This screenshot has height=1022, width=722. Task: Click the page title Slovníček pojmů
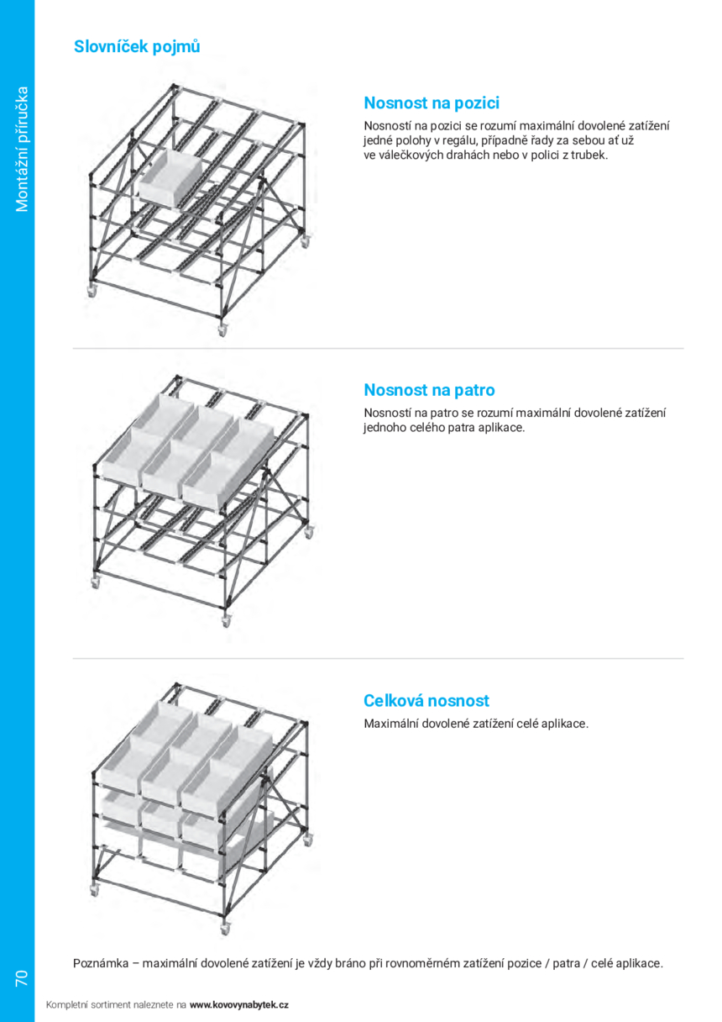[x=137, y=47]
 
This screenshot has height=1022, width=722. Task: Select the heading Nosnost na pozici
[x=431, y=103]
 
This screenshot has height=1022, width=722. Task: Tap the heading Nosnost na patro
[x=429, y=390]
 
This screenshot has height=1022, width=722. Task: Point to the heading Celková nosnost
[x=426, y=701]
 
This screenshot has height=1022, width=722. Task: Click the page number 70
[x=21, y=977]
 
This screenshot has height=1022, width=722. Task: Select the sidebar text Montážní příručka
[x=22, y=149]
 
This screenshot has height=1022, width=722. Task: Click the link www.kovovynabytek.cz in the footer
[x=239, y=1004]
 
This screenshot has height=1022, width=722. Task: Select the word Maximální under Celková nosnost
[x=390, y=723]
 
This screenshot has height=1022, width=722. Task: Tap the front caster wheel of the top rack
[x=222, y=331]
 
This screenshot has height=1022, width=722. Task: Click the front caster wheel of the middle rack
[x=225, y=620]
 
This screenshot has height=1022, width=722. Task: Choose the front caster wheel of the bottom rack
[x=224, y=930]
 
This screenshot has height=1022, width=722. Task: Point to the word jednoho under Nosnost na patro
[x=385, y=427]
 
